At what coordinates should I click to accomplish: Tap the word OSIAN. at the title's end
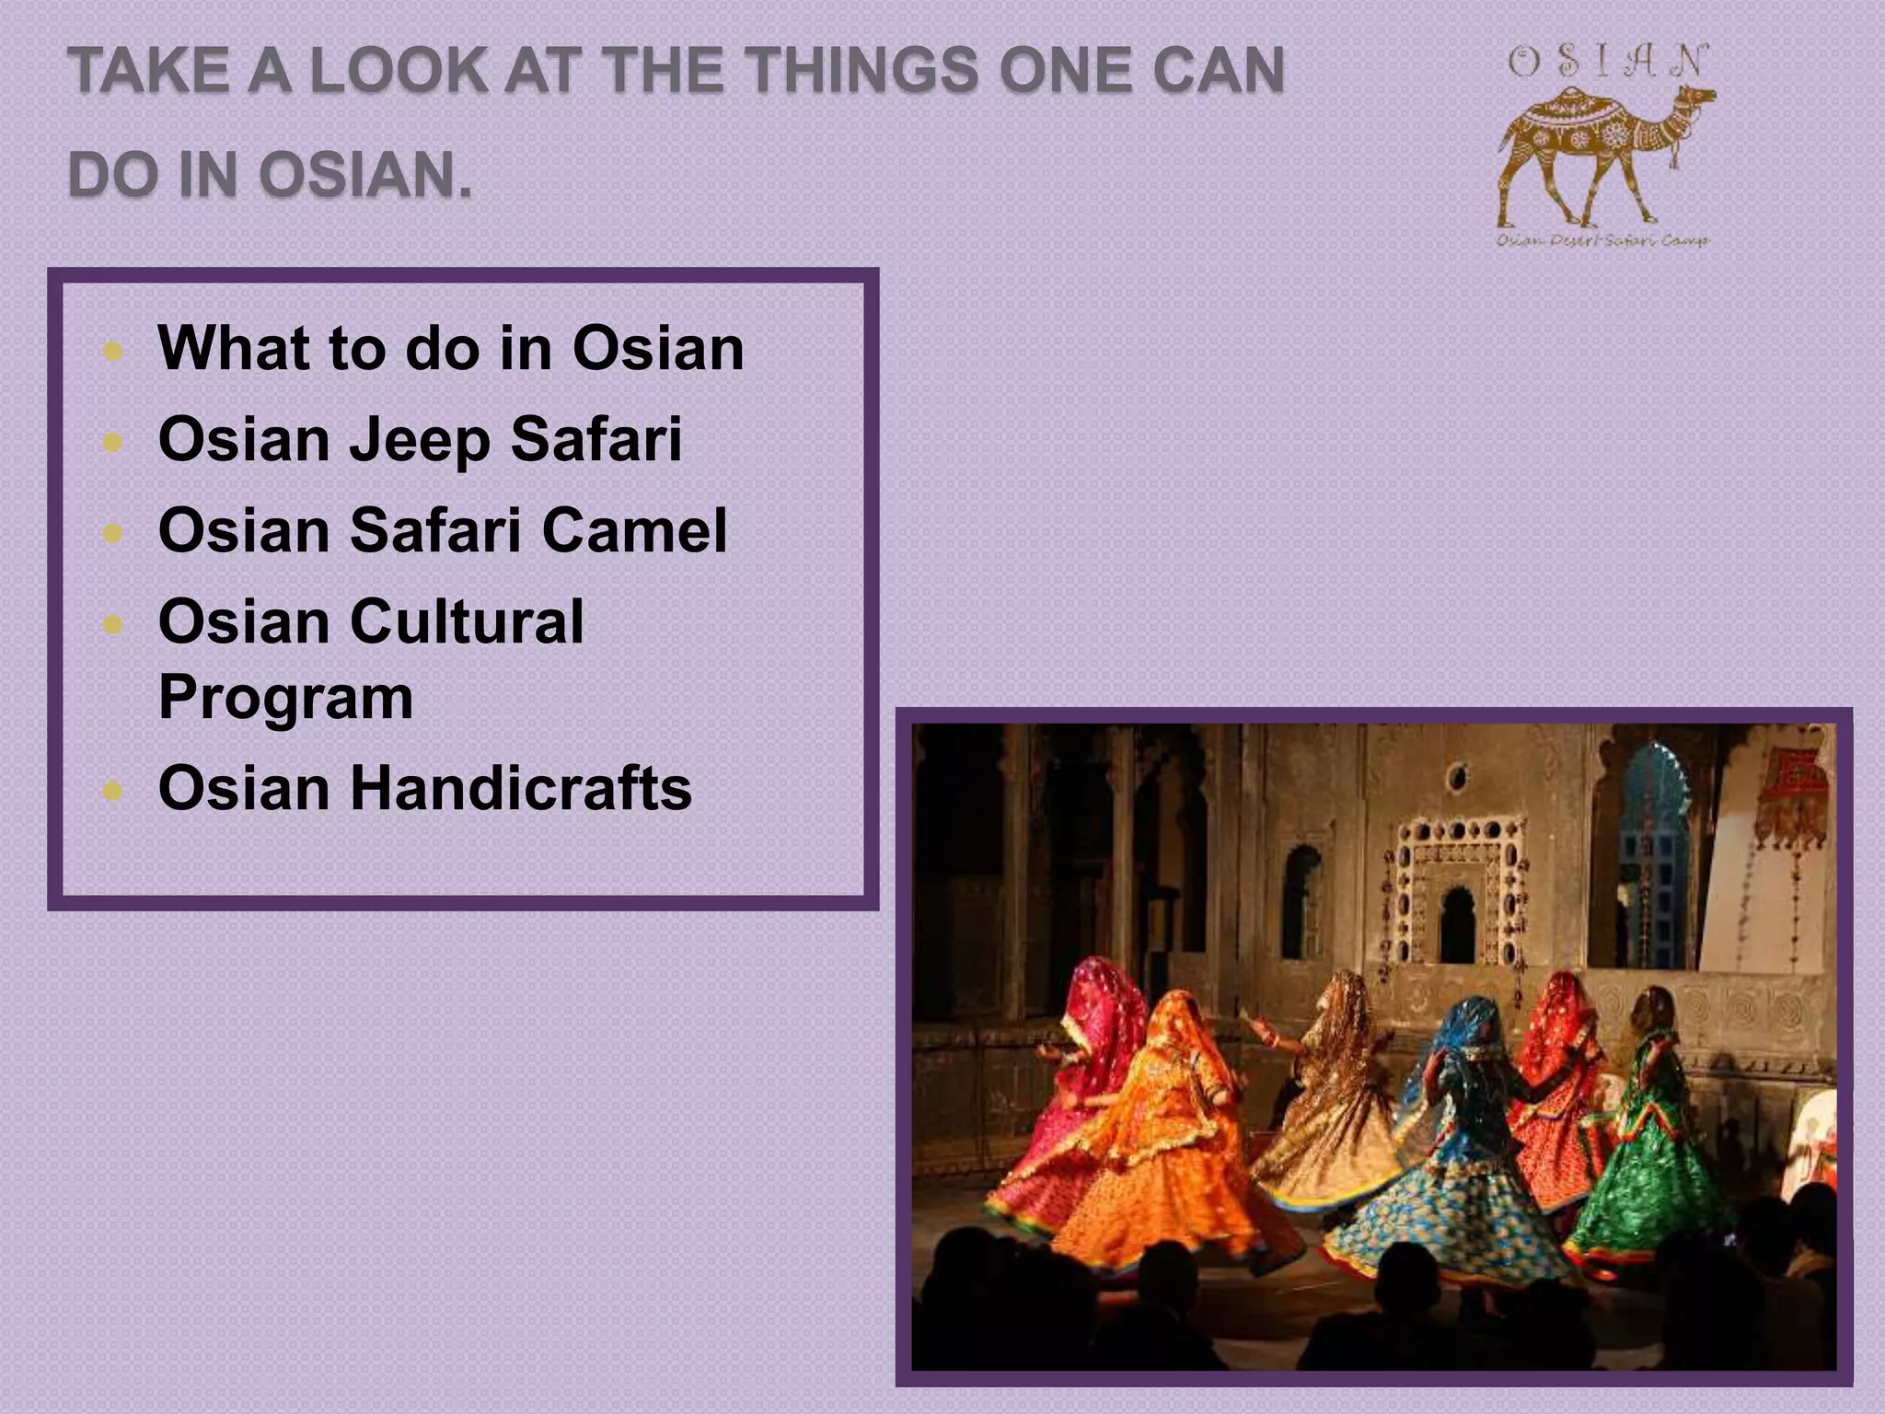point(365,174)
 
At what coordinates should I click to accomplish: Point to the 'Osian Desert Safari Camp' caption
point(1602,240)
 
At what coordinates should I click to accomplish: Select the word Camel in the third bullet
point(634,530)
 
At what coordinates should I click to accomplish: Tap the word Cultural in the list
point(467,621)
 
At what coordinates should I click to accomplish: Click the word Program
point(285,697)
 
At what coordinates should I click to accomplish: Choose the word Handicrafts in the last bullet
point(520,789)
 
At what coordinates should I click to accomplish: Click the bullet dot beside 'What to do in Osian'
point(113,351)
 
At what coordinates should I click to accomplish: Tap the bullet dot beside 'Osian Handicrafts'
point(113,791)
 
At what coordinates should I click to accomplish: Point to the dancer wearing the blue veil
point(1454,1132)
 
